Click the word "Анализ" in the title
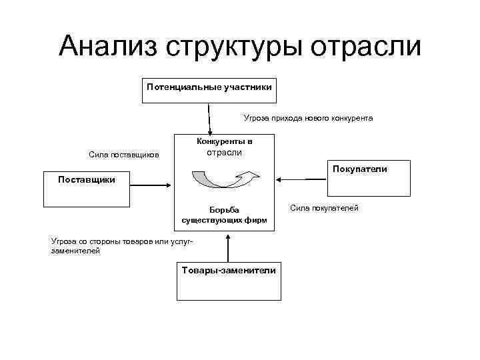click(107, 47)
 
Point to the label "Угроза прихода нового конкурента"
click(308, 118)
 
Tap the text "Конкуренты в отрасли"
click(225, 147)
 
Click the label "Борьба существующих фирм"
click(225, 214)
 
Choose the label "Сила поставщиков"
click(124, 155)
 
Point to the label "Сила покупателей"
click(324, 208)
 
